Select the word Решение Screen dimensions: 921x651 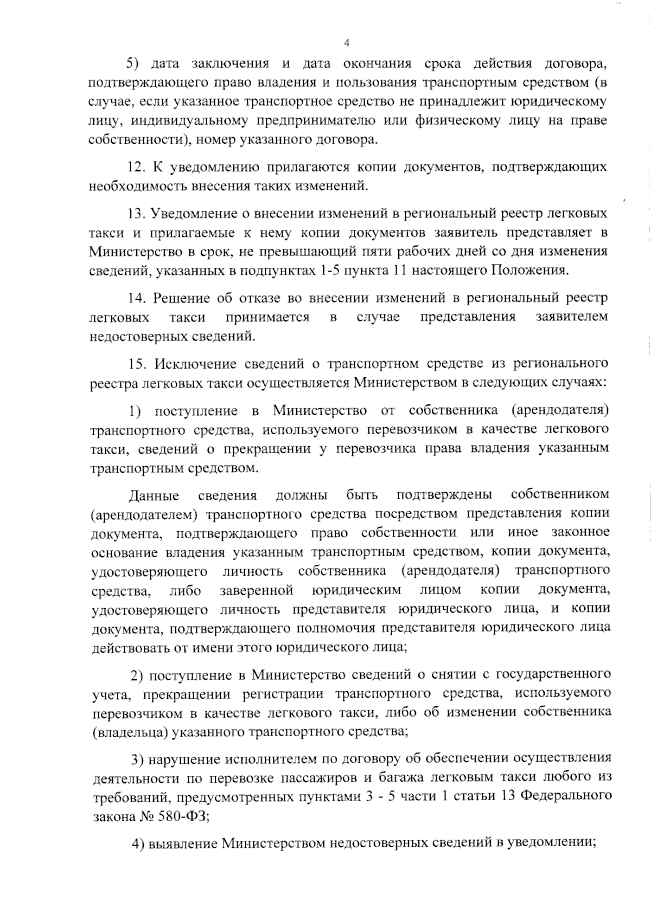click(181, 298)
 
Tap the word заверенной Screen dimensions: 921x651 click(257, 589)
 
